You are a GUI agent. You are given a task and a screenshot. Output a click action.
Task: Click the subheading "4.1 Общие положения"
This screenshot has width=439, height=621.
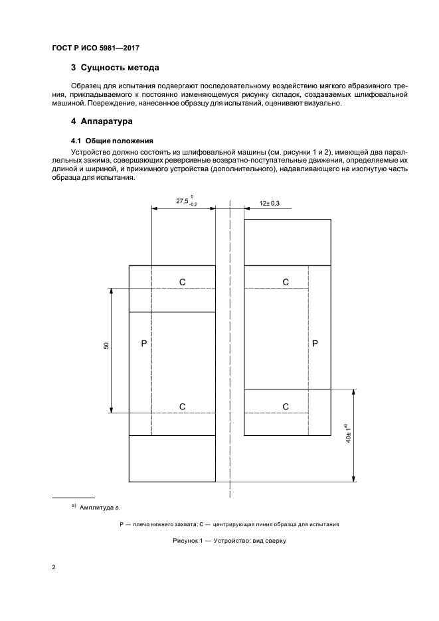click(x=112, y=141)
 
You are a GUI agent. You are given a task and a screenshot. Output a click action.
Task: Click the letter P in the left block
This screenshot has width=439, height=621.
click(x=144, y=343)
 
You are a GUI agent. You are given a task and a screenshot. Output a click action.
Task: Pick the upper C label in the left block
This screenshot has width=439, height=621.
click(x=182, y=282)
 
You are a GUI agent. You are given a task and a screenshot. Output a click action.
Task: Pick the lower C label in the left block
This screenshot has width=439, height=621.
click(x=182, y=406)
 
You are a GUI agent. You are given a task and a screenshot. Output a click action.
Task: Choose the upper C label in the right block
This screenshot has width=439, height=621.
click(x=286, y=282)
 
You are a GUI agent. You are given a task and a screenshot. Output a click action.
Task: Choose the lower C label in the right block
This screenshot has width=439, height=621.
click(x=286, y=406)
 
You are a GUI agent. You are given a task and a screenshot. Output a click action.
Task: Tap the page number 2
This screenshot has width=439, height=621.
click(x=53, y=568)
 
